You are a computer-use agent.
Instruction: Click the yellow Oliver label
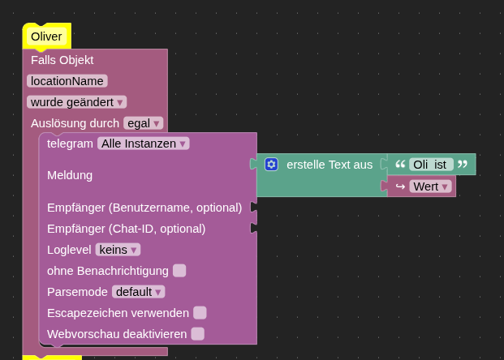(x=46, y=36)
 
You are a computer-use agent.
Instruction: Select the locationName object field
(x=67, y=81)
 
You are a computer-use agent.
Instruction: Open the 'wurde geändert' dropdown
(x=77, y=102)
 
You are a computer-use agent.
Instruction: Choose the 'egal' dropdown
(x=144, y=123)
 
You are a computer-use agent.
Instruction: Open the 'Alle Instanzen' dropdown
(x=144, y=144)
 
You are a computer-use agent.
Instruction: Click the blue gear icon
(x=271, y=165)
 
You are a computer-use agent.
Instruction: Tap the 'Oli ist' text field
(x=431, y=165)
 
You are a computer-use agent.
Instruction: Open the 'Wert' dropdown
(x=430, y=186)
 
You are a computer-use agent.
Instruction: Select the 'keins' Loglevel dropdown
(x=118, y=250)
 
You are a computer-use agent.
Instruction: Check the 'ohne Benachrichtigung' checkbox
(x=179, y=271)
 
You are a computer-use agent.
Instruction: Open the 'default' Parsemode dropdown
(x=139, y=292)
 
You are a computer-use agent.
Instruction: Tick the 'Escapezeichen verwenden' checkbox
(x=200, y=313)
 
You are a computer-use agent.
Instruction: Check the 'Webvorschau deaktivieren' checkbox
(x=198, y=334)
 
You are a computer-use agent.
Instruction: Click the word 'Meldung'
(x=70, y=175)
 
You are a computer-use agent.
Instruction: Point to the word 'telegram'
(x=70, y=144)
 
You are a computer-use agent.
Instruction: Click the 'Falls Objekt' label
(x=62, y=60)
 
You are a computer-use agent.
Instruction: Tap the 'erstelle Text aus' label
(x=330, y=165)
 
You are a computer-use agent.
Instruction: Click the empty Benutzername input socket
(x=253, y=207)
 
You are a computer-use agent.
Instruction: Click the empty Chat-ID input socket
(x=253, y=229)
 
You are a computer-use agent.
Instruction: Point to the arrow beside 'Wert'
(x=400, y=186)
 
